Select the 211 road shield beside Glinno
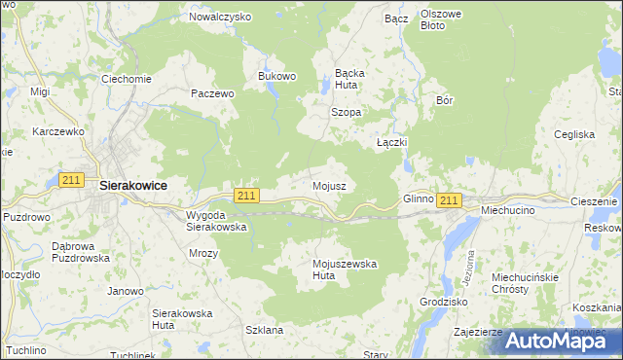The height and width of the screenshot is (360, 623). [x=448, y=200]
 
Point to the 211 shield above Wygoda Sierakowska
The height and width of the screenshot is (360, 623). [x=246, y=196]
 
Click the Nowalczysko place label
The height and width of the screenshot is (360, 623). [x=220, y=17]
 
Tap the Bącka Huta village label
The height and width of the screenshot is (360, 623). [x=349, y=78]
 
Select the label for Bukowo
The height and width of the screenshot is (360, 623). [x=276, y=76]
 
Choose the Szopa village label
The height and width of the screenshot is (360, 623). [x=347, y=112]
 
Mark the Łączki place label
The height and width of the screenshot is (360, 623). [x=391, y=142]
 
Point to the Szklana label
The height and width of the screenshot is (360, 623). [x=265, y=330]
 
